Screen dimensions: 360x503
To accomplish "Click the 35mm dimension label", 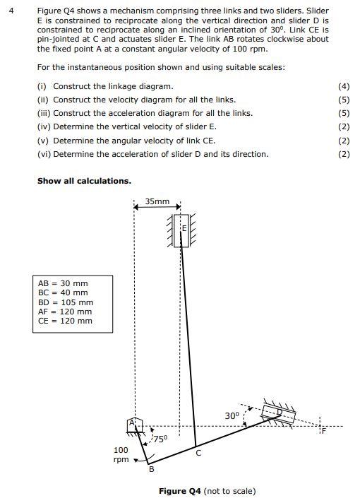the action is point(157,202).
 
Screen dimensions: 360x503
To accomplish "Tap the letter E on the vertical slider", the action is point(184,229).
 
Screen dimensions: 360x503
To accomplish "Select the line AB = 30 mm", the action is point(63,283).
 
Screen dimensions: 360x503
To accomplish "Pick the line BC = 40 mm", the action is point(63,292).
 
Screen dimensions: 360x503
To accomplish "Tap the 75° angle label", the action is point(160,439).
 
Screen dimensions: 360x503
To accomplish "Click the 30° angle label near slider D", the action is point(232,415).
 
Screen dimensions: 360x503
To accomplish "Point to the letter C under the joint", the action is point(198,454).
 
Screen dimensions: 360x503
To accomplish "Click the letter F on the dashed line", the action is point(324,432).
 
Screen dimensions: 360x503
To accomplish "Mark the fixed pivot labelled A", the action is point(132,423).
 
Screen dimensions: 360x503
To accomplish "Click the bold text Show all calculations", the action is point(84,181).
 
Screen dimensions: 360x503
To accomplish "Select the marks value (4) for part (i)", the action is point(344,86).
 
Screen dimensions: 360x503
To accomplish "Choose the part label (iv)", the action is point(44,126).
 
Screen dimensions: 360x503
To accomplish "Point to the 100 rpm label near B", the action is point(121,454).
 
